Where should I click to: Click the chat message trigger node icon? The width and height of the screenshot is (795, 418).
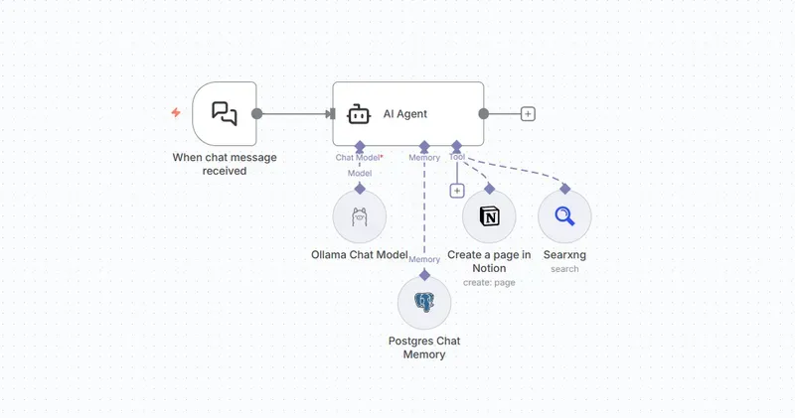tap(225, 113)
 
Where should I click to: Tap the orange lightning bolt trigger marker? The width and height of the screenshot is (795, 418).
tap(176, 113)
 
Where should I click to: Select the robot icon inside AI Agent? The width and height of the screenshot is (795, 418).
tap(359, 114)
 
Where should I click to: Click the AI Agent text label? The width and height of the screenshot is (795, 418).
tap(405, 114)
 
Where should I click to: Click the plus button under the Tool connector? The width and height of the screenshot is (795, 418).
tap(457, 191)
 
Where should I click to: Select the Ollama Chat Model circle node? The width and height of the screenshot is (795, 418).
tap(360, 216)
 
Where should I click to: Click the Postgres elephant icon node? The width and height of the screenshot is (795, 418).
tap(424, 303)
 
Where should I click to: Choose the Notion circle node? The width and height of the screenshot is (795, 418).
tap(489, 216)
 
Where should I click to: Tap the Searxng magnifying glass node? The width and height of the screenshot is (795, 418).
tap(564, 216)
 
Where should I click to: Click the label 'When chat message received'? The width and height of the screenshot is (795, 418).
tap(225, 164)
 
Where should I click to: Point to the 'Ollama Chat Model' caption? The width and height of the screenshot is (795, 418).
tap(360, 255)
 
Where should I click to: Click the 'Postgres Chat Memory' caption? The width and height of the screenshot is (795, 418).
tap(424, 348)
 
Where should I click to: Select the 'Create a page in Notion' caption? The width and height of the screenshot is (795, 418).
tap(489, 262)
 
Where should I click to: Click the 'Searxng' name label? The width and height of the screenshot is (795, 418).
tap(564, 255)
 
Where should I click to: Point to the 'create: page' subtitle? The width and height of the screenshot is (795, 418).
tap(489, 283)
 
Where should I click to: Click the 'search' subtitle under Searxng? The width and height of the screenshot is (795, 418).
tap(564, 269)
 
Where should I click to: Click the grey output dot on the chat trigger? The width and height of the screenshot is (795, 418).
tap(257, 114)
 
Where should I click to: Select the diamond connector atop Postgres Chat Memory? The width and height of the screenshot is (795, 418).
tap(424, 274)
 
